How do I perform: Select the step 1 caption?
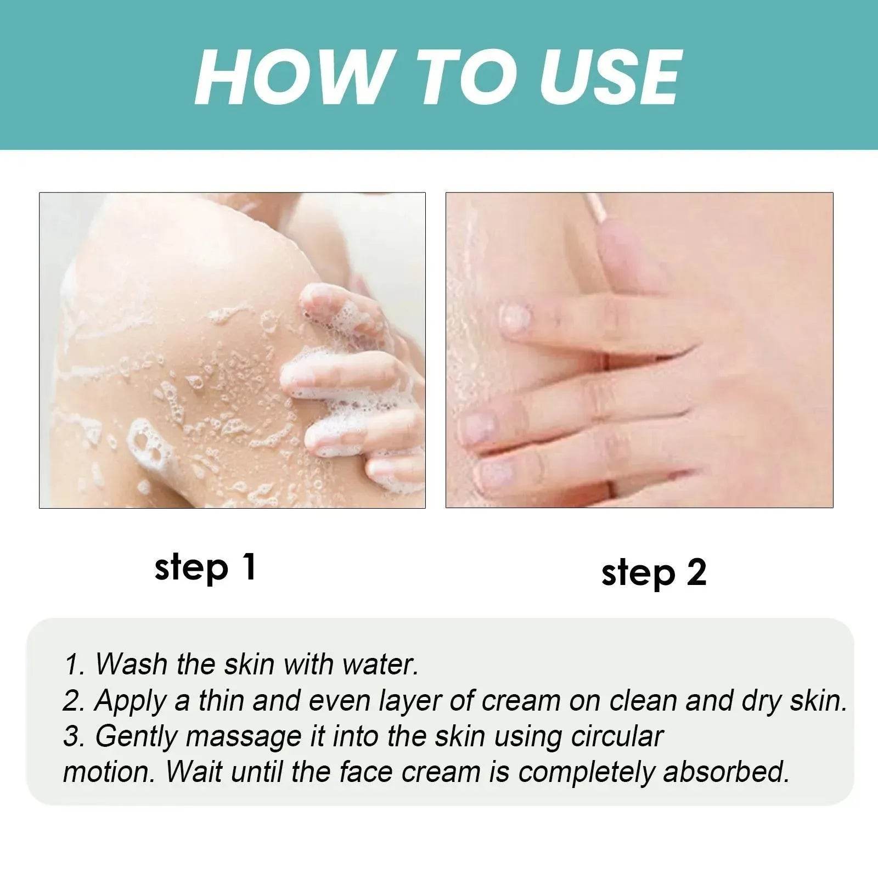(205, 567)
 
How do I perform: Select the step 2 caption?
(654, 573)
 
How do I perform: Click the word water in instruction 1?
(380, 664)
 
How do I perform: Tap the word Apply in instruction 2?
(131, 702)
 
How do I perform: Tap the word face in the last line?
(365, 772)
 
